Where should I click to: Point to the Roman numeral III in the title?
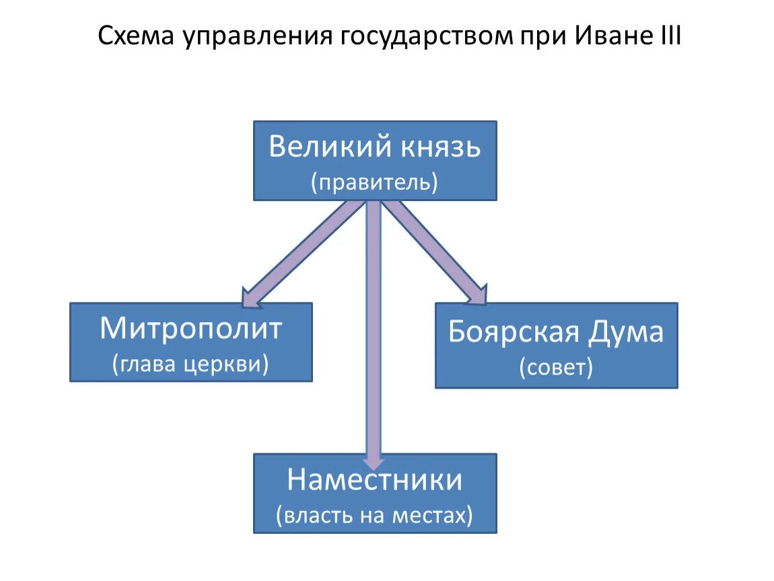pos(666,36)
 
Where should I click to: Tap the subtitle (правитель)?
pos(375,182)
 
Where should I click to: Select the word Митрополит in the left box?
pos(191,330)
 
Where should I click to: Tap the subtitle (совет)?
pos(556,368)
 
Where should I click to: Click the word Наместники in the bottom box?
pos(375,480)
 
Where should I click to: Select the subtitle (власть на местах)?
pos(375,516)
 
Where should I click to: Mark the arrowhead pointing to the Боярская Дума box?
pos(475,293)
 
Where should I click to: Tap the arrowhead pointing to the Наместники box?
pos(374,460)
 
